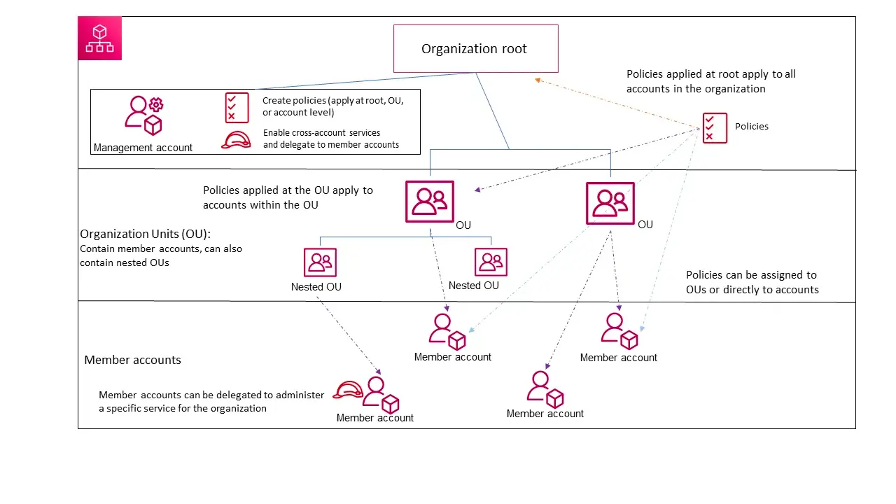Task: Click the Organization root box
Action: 475,48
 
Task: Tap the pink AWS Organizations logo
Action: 100,38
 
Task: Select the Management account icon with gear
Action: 143,115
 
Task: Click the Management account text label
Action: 143,148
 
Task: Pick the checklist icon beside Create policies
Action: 237,108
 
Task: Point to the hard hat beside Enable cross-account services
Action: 236,140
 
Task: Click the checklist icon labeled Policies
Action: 715,128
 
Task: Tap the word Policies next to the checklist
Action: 751,127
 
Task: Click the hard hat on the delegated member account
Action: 348,390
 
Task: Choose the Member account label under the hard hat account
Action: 374,418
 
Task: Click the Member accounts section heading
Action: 132,360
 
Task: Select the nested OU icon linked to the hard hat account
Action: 320,262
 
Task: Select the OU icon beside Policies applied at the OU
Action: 429,202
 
